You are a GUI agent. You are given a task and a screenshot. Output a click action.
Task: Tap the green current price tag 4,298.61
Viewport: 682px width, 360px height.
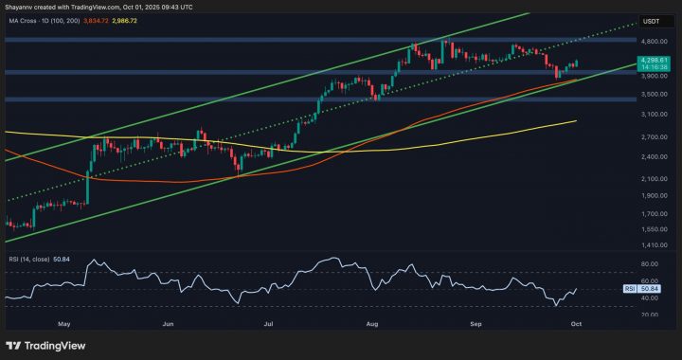click(x=651, y=61)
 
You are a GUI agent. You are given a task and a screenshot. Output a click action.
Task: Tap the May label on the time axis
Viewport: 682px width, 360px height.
click(x=64, y=323)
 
